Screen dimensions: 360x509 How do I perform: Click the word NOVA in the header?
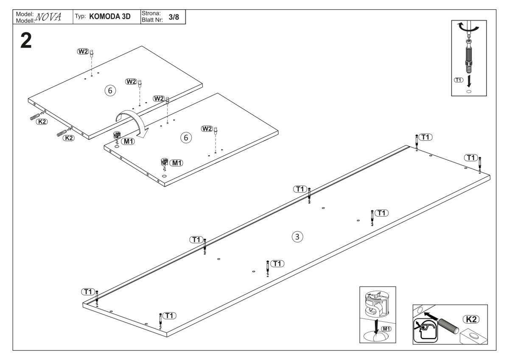(x=48, y=17)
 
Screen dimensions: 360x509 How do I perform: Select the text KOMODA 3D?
(x=110, y=17)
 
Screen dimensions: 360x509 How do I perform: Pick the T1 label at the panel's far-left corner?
(x=88, y=292)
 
